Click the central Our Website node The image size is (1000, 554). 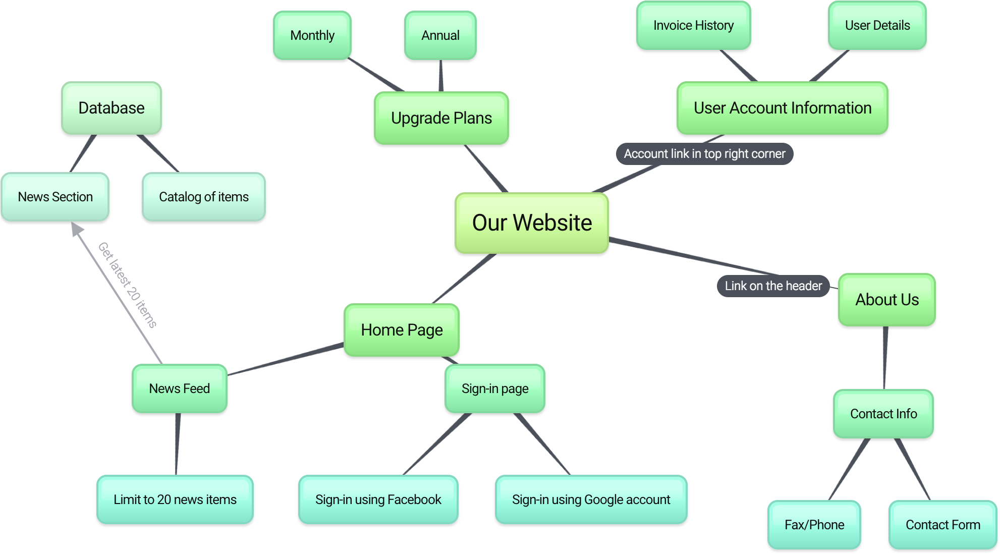(532, 223)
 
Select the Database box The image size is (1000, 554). (112, 108)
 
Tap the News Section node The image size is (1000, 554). (55, 197)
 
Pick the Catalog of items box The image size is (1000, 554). (204, 197)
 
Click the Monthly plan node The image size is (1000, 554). (312, 35)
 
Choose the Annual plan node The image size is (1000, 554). (440, 35)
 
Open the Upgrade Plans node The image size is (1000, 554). (441, 118)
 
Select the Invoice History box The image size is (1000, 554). (693, 25)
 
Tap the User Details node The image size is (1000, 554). (877, 25)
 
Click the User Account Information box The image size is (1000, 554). (783, 108)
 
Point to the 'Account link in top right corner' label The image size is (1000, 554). (704, 154)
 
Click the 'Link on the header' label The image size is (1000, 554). (773, 286)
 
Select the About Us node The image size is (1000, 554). (887, 300)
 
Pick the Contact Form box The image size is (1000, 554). (942, 525)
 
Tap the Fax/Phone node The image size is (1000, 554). (814, 525)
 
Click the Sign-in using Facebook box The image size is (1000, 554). (378, 500)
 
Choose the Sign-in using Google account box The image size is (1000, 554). (591, 500)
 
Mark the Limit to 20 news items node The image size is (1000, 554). (175, 500)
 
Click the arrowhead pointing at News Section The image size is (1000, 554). (77, 229)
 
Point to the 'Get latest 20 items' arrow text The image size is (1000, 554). (128, 285)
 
